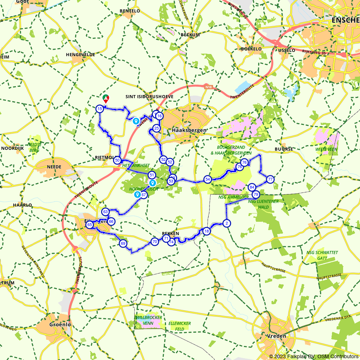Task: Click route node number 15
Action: tap(100, 109)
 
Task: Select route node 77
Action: tap(270, 179)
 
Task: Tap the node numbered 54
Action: tap(207, 179)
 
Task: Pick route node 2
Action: tap(226, 223)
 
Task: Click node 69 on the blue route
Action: tap(123, 244)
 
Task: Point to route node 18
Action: tap(206, 231)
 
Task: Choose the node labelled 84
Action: tap(252, 187)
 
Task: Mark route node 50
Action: tap(117, 161)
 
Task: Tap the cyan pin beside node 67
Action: tap(137, 194)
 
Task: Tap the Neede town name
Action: tap(54, 167)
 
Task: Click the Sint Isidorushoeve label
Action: tap(149, 97)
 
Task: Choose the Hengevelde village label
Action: tap(80, 54)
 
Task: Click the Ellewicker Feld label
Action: tap(180, 326)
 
